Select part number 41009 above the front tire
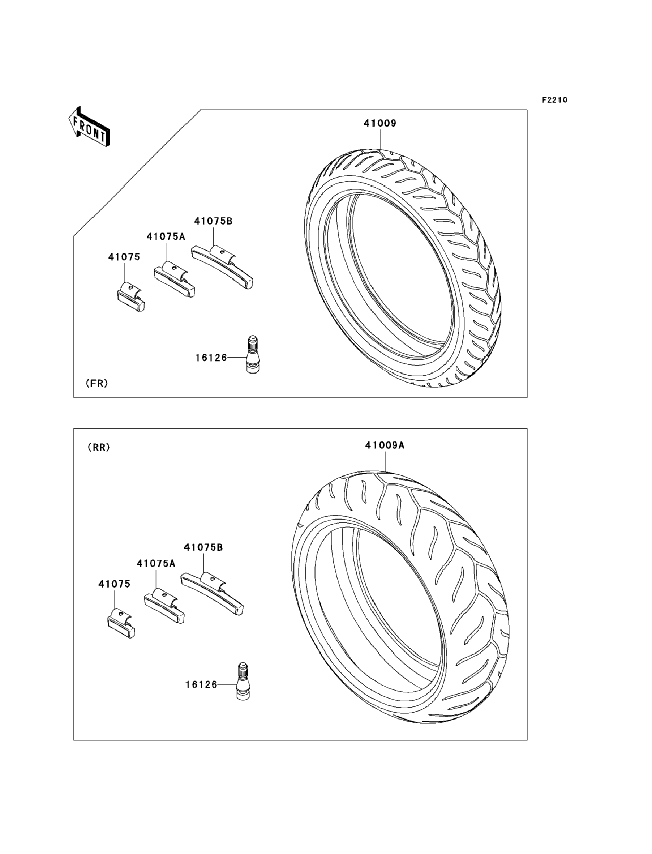tap(379, 123)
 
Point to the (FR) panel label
tap(96, 383)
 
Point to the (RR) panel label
tap(99, 448)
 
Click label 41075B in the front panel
tap(213, 221)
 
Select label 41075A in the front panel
tap(166, 237)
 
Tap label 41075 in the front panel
tap(124, 257)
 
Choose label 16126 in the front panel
tap(211, 358)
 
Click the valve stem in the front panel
tap(252, 355)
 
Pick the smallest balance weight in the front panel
tap(131, 297)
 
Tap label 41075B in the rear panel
tap(203, 547)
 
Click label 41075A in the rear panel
tap(156, 563)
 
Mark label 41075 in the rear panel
tap(114, 584)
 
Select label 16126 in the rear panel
tap(201, 684)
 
